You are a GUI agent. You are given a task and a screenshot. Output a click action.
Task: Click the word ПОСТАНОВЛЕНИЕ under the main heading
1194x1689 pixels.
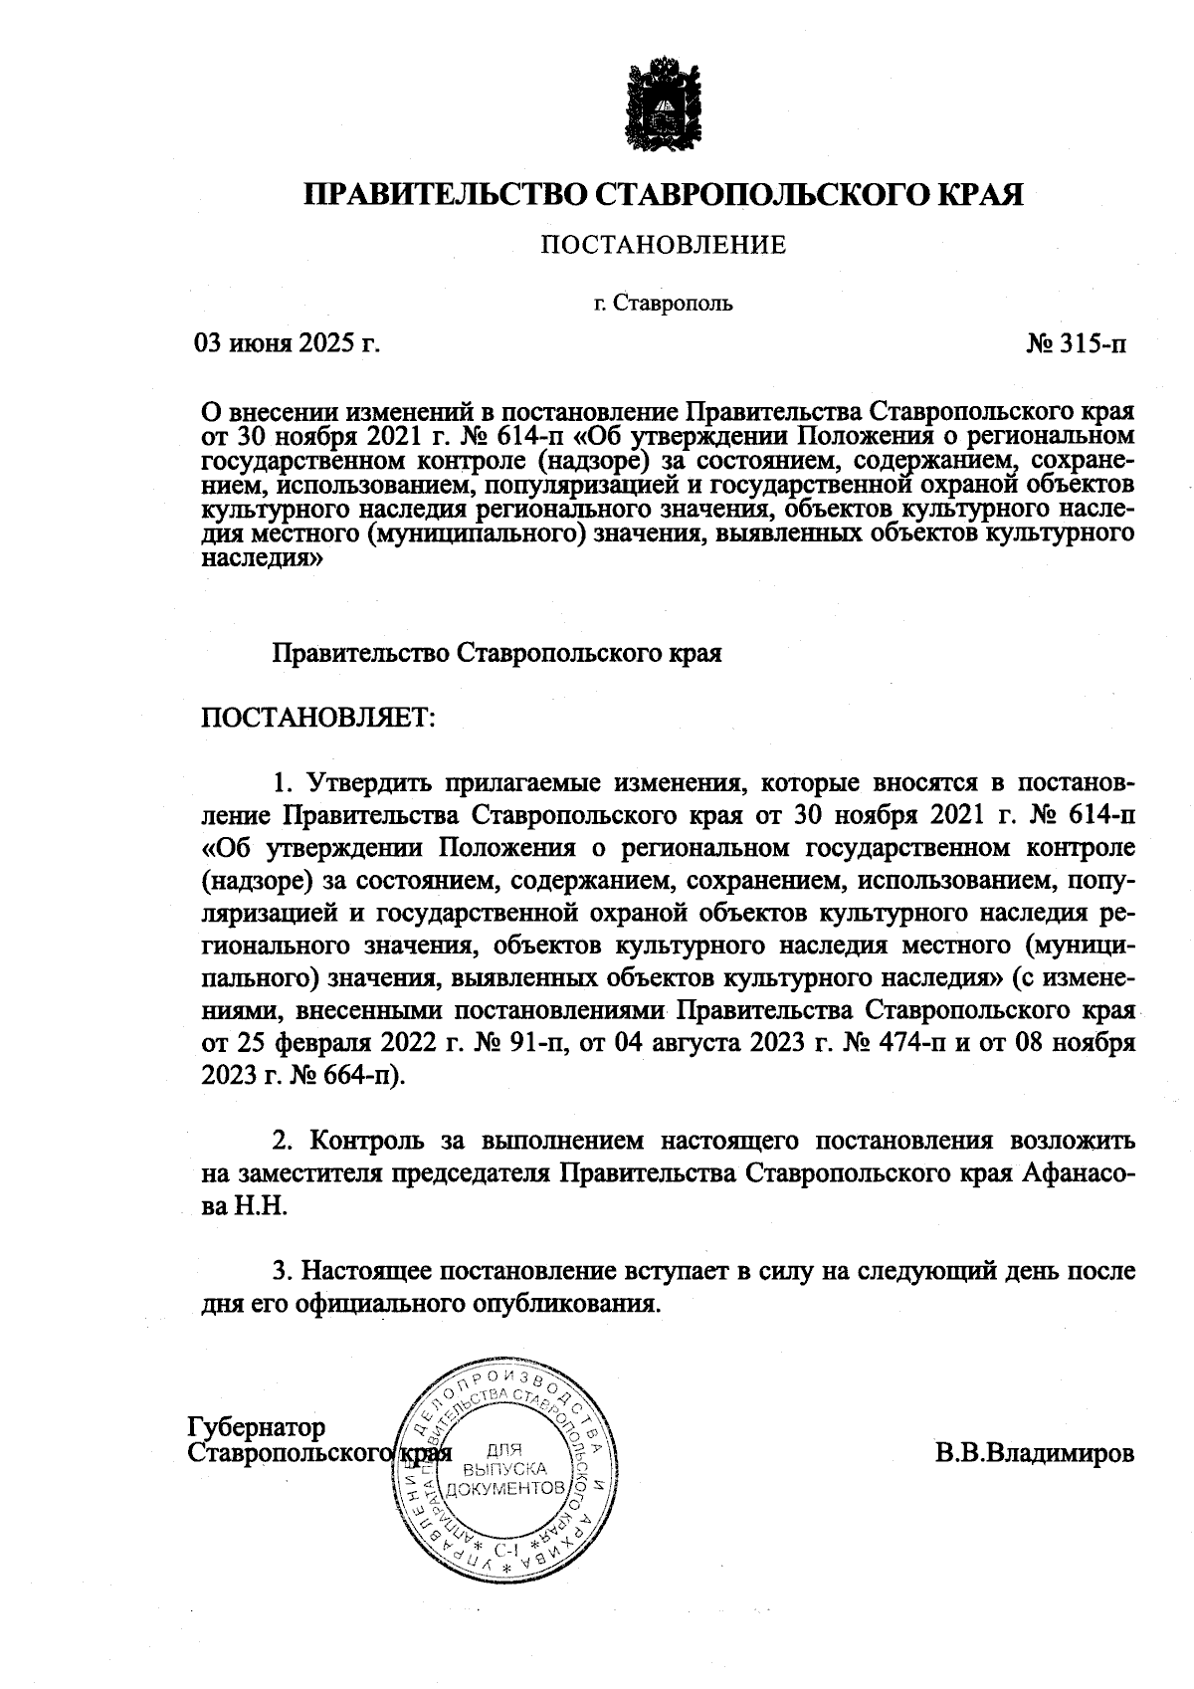663,245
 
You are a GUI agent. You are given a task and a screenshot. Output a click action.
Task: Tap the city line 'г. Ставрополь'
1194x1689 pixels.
662,304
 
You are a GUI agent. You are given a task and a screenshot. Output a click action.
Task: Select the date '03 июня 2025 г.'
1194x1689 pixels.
289,345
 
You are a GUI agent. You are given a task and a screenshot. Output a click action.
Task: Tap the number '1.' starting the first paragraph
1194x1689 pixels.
284,781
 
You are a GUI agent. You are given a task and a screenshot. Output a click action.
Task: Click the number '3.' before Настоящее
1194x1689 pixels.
285,1271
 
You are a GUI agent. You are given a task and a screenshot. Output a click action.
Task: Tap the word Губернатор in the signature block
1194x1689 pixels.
257,1426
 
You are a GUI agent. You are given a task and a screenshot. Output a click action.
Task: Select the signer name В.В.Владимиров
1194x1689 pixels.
1034,1452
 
